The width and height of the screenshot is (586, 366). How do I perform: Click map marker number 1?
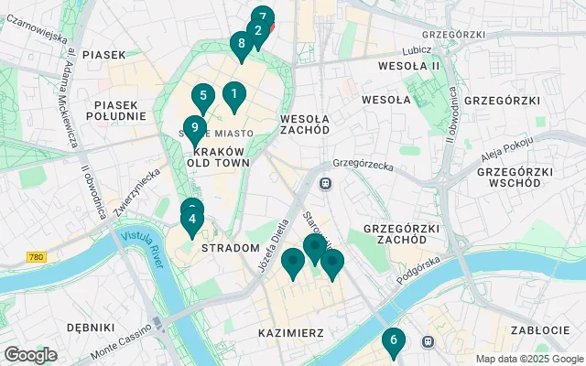click(233, 93)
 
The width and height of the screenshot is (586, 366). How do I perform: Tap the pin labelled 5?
click(202, 95)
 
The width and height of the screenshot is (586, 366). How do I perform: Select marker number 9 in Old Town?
click(193, 128)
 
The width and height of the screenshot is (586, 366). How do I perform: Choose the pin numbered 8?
click(241, 43)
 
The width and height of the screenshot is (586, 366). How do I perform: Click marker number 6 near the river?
click(393, 340)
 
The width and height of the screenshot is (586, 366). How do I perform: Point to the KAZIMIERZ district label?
click(290, 333)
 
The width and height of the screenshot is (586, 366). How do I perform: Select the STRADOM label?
click(230, 248)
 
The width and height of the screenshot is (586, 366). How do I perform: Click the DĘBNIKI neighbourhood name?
click(91, 327)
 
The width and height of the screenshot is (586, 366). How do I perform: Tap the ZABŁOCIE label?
click(538, 331)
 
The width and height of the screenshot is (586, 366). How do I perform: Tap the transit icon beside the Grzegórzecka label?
click(325, 183)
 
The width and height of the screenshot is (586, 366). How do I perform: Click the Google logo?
click(30, 355)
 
